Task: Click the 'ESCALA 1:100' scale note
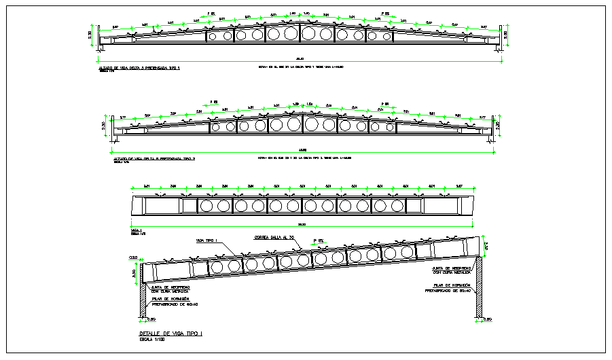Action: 152,340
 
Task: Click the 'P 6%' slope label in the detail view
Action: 319,240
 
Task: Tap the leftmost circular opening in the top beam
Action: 211,35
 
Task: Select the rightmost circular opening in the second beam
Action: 389,126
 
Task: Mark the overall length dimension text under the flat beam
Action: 302,224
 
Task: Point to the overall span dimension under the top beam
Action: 299,58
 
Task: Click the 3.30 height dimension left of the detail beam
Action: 134,273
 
